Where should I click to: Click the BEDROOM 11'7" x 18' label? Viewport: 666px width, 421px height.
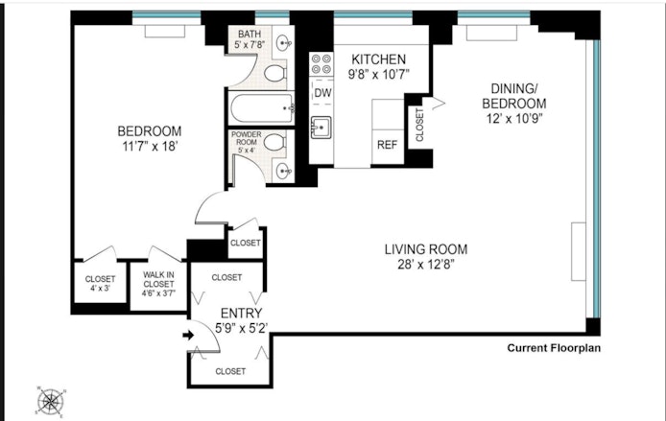pos(150,139)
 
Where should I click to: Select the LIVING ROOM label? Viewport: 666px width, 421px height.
pos(418,257)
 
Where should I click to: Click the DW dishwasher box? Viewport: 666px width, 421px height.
pos(322,93)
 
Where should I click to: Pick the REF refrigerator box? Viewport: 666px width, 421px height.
pos(387,145)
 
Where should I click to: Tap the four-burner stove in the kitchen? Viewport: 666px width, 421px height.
pos(321,64)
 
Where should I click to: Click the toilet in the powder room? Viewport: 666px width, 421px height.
pos(274,143)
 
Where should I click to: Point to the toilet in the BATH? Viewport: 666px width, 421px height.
pos(276,72)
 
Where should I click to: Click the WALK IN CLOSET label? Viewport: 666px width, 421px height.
pos(158,283)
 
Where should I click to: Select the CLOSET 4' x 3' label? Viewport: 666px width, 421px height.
pos(100,283)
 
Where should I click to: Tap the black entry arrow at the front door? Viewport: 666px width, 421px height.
pos(189,336)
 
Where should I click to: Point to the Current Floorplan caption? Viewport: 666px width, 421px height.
pos(554,348)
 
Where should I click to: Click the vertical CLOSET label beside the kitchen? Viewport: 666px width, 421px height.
pos(419,126)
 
